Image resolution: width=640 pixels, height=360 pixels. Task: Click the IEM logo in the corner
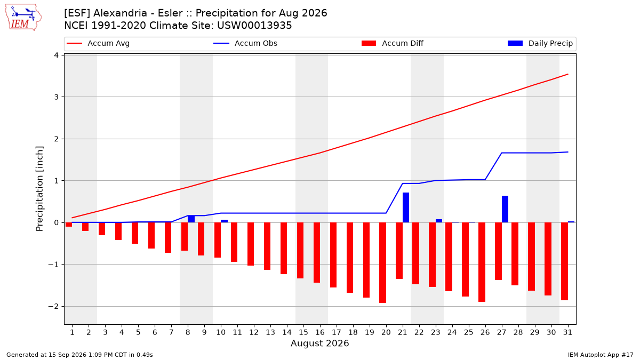coord(23,18)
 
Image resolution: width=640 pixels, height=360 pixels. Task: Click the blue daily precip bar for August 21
coord(406,207)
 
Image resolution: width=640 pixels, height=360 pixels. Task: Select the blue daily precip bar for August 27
coord(505,209)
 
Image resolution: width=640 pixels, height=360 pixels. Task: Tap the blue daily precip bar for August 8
coord(191,219)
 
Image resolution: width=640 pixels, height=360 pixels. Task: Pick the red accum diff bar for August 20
coord(382,262)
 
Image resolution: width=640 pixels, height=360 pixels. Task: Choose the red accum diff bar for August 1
coord(69,225)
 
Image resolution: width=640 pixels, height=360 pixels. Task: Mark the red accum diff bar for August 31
coord(564,261)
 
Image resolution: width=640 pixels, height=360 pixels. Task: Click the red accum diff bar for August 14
coord(284,249)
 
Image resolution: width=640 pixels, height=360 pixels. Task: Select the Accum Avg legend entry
coord(98,43)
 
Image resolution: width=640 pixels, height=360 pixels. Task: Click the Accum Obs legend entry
coord(245,43)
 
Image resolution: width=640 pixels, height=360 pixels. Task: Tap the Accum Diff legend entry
coord(393,43)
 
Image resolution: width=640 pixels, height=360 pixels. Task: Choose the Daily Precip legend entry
coord(540,43)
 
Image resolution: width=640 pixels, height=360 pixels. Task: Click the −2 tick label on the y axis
coord(53,306)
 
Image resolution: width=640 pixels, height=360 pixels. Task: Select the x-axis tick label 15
coord(303,332)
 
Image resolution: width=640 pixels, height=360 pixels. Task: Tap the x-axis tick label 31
coord(567,332)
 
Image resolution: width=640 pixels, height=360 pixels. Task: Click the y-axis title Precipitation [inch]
coord(39,189)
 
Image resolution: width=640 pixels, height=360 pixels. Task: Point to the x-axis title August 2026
coord(319,343)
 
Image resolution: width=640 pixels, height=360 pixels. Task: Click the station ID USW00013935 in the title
coord(254,26)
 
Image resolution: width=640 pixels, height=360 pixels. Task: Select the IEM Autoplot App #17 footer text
coord(601,355)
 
